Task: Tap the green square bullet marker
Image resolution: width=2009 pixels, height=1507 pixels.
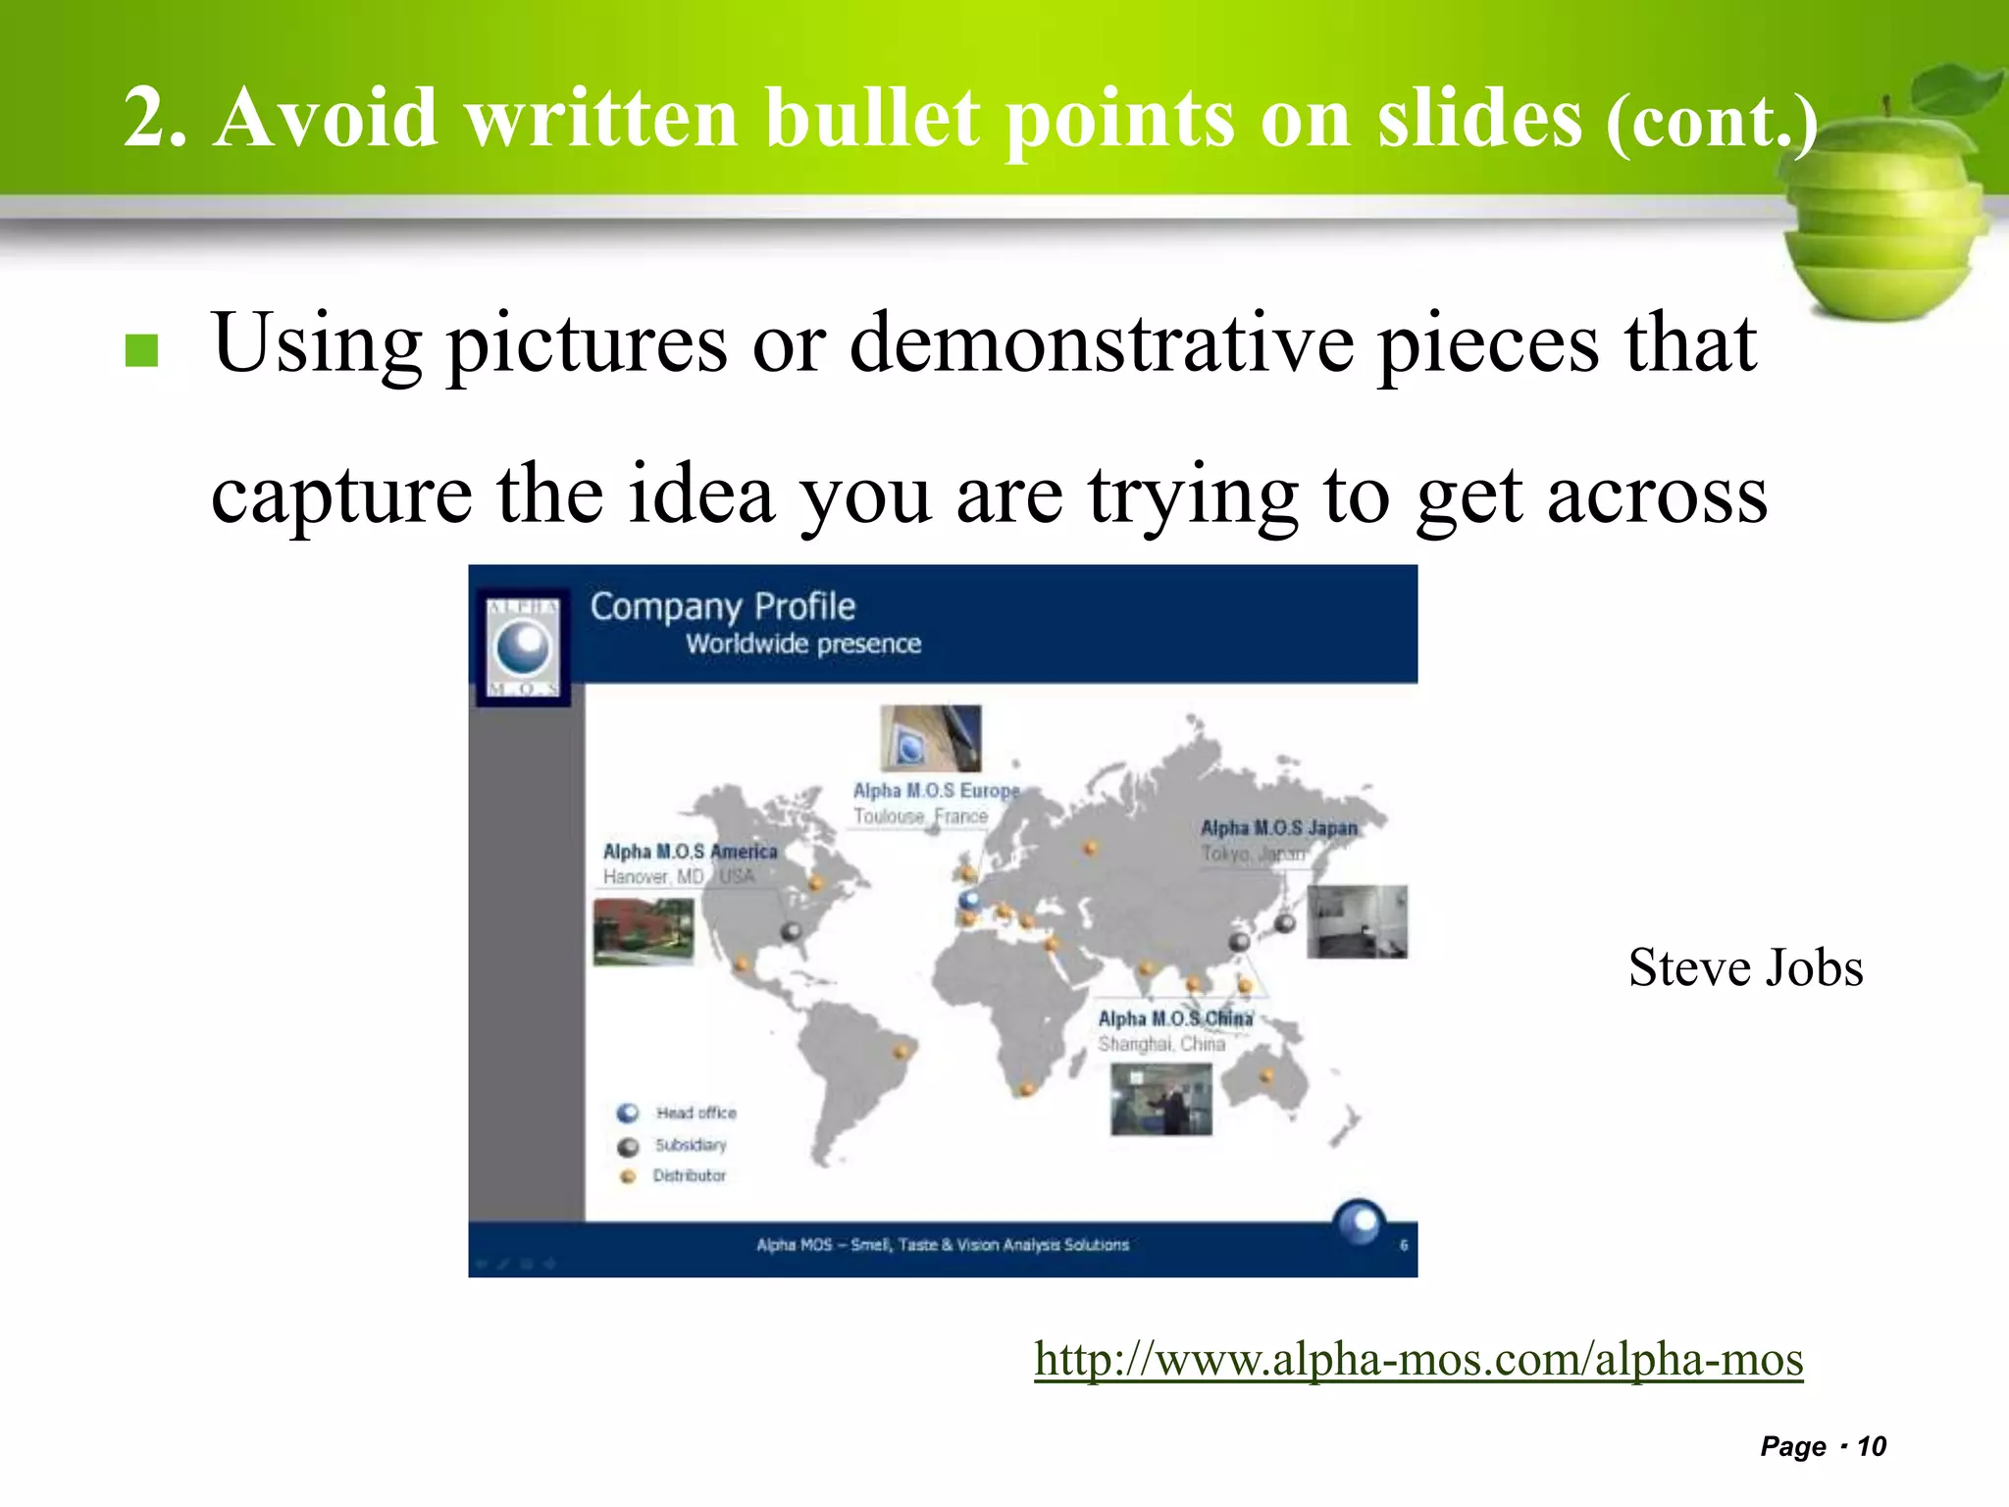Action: click(142, 350)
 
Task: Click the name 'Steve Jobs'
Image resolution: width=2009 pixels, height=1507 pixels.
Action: click(1745, 967)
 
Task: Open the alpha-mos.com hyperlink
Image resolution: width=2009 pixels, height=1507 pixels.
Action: click(1418, 1359)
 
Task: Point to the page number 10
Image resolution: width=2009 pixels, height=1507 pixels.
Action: click(1872, 1446)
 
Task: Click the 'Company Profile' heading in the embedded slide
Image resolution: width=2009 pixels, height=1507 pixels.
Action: click(722, 607)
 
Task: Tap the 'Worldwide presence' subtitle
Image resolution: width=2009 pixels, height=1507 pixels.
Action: click(802, 645)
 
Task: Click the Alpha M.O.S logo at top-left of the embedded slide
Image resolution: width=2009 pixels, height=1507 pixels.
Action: click(524, 648)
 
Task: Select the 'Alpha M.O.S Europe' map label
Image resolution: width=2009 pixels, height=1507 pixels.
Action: click(936, 791)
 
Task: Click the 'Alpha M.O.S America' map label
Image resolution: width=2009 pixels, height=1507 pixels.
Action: click(690, 852)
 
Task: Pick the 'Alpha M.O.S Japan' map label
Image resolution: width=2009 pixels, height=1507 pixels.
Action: click(1279, 828)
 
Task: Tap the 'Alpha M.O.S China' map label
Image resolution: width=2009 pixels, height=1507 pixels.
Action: click(1174, 1018)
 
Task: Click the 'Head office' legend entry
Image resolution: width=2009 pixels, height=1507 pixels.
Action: click(695, 1113)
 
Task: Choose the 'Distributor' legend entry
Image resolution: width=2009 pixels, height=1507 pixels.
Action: click(689, 1175)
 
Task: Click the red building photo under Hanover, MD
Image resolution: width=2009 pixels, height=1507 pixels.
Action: click(644, 931)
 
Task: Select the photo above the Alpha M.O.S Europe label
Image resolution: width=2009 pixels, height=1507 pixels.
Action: click(930, 738)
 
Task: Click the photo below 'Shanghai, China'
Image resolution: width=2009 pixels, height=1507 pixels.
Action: click(1160, 1100)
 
